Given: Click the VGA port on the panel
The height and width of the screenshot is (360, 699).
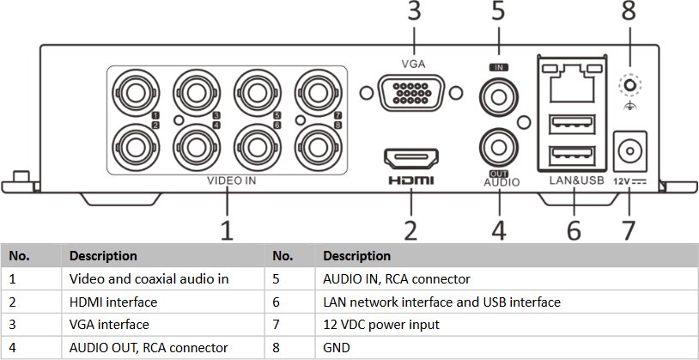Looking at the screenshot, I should click(x=411, y=92).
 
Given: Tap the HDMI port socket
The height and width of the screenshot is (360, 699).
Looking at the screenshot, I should click(x=410, y=158).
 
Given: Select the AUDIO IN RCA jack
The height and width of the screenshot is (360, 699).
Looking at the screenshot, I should click(x=497, y=91).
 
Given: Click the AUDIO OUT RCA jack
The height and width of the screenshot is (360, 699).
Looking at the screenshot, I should click(x=497, y=143).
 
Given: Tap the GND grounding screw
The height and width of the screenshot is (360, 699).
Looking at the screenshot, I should click(x=630, y=84).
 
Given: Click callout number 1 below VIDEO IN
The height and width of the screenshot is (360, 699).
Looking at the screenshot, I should click(x=227, y=229).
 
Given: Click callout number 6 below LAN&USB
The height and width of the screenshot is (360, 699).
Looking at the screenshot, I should click(x=573, y=229).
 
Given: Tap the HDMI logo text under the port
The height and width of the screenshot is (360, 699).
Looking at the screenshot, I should click(x=411, y=180).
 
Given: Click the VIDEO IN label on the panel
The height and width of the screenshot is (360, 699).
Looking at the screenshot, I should click(x=231, y=181).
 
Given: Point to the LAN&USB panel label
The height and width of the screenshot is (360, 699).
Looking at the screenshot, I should click(x=575, y=181).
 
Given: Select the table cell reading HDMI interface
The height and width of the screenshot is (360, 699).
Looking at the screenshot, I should click(x=113, y=302).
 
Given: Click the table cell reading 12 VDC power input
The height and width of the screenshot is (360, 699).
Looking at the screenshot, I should click(x=381, y=325).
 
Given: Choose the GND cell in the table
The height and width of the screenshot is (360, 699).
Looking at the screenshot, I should click(x=335, y=348).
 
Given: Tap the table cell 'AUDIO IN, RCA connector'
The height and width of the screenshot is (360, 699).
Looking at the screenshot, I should click(x=396, y=279).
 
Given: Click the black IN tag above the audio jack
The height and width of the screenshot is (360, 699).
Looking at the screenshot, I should click(x=496, y=66).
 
